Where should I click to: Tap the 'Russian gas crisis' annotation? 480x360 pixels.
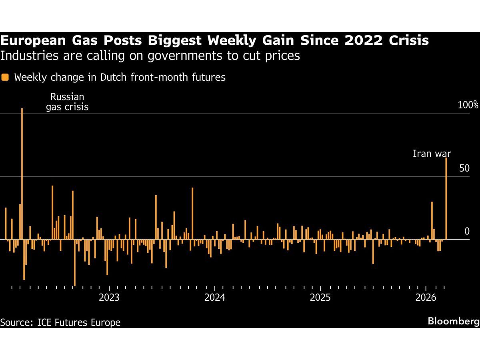coord(67,102)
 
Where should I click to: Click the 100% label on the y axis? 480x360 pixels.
coord(468,105)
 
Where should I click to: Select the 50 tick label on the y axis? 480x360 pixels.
coord(464,168)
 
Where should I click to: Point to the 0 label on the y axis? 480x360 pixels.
coord(466,232)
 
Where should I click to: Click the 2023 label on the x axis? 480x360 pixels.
coord(109,298)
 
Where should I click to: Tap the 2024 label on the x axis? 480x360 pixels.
coord(215,298)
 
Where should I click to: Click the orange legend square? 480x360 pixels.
coord(5,77)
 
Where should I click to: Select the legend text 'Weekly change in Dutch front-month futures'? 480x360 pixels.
coord(120,77)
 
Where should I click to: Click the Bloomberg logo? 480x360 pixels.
coord(453,321)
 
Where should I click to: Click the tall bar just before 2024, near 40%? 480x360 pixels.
coord(192,214)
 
